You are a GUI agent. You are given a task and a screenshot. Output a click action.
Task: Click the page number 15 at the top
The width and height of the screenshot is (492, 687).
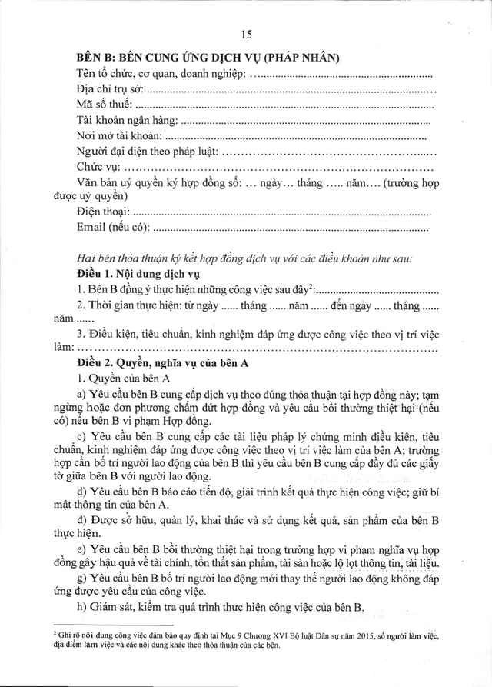pos(246,35)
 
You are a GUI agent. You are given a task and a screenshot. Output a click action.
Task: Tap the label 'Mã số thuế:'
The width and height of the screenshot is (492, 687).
pos(105,105)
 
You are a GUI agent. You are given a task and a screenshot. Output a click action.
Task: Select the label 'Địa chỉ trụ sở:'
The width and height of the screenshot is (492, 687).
pos(111,89)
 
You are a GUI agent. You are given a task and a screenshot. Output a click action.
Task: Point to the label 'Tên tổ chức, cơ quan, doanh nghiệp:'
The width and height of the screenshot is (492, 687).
pos(161,74)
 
